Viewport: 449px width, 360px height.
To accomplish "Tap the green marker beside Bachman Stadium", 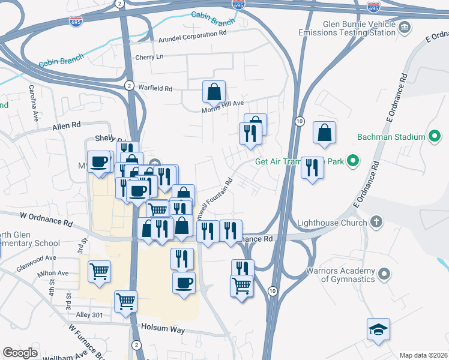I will [x=434, y=137].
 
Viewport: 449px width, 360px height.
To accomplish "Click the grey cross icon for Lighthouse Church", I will [x=376, y=221].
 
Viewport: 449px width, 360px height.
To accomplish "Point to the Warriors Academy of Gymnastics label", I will [x=339, y=274].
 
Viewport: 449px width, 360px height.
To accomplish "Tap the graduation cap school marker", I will [x=378, y=329].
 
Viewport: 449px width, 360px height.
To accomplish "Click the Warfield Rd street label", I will [x=155, y=89].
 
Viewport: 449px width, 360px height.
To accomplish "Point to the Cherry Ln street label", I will [x=149, y=57].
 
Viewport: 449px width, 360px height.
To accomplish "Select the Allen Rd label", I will [x=66, y=127].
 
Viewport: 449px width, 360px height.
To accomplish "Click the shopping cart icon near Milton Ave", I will [x=99, y=271].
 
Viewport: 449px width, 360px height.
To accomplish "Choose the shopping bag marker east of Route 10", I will [x=324, y=134].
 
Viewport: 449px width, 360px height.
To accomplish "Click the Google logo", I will [x=20, y=353].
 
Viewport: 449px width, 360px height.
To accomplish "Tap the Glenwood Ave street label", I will [x=36, y=259].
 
